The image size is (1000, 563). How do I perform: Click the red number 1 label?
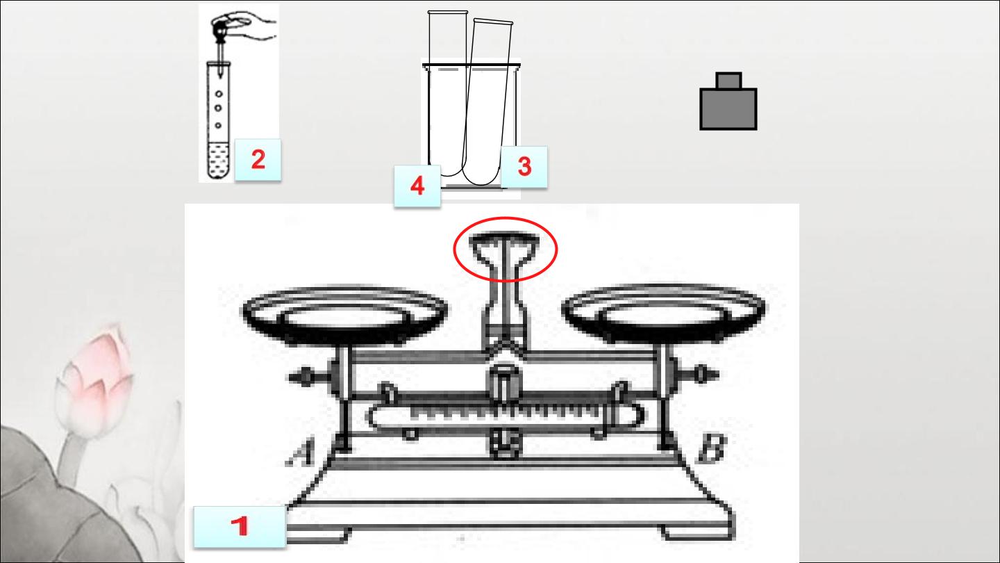tap(240, 526)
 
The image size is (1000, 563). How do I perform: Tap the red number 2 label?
tap(258, 160)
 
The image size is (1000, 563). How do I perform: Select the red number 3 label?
tap(524, 166)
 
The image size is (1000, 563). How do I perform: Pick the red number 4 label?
tap(417, 186)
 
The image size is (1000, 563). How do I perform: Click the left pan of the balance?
tap(344, 315)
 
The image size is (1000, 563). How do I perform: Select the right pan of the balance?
tap(665, 313)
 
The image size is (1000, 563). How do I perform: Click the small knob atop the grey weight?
tap(728, 81)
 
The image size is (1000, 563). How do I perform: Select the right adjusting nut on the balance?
tap(699, 373)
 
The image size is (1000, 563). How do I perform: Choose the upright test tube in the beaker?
tap(448, 93)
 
